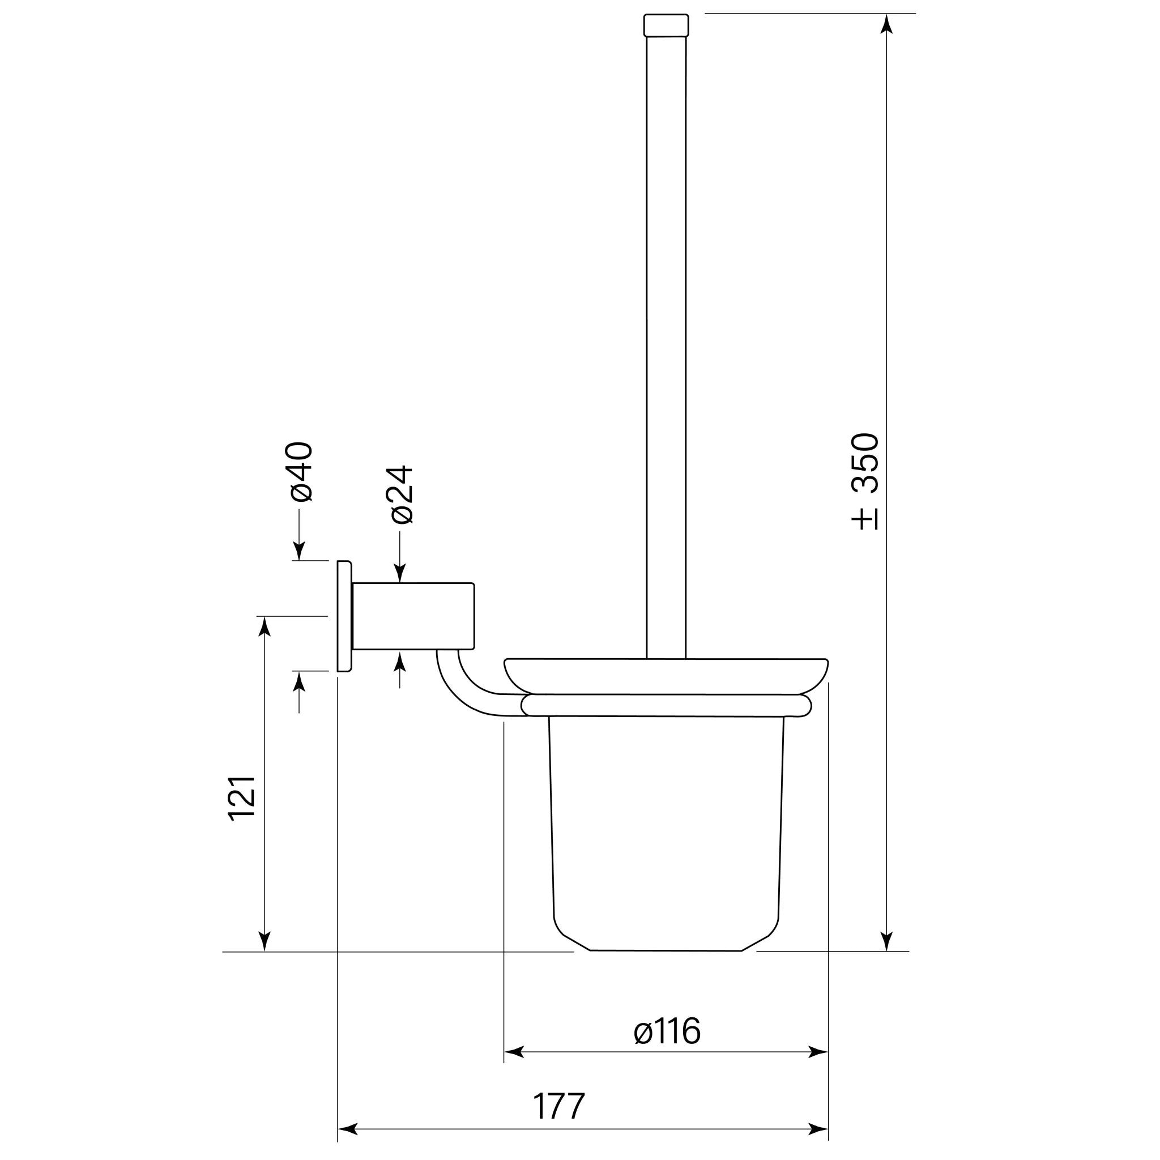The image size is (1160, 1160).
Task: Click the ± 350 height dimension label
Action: pyautogui.click(x=865, y=481)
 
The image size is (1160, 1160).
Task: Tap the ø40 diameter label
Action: pyautogui.click(x=301, y=472)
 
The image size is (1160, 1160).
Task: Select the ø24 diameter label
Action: pyautogui.click(x=402, y=494)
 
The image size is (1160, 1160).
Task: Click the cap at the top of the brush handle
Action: pyautogui.click(x=666, y=25)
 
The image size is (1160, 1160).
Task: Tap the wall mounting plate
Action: pyautogui.click(x=344, y=616)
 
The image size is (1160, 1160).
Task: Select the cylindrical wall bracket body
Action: pyautogui.click(x=413, y=616)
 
